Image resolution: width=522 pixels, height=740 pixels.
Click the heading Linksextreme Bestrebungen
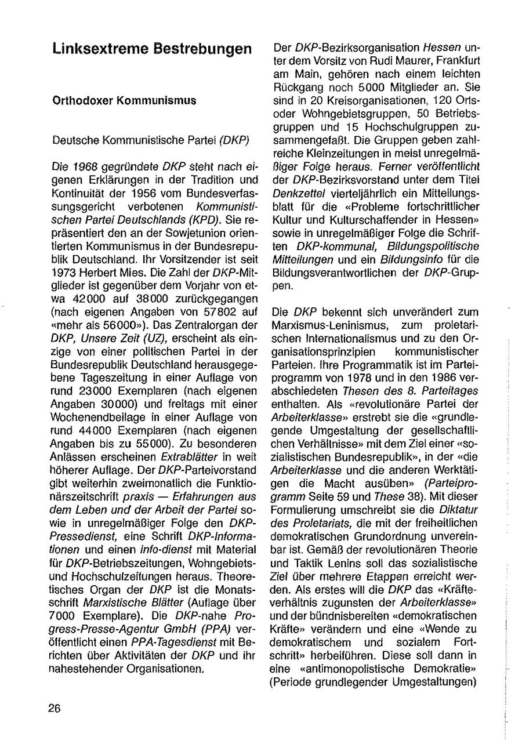coord(152,49)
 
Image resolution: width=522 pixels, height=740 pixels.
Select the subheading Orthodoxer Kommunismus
coord(124,100)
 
